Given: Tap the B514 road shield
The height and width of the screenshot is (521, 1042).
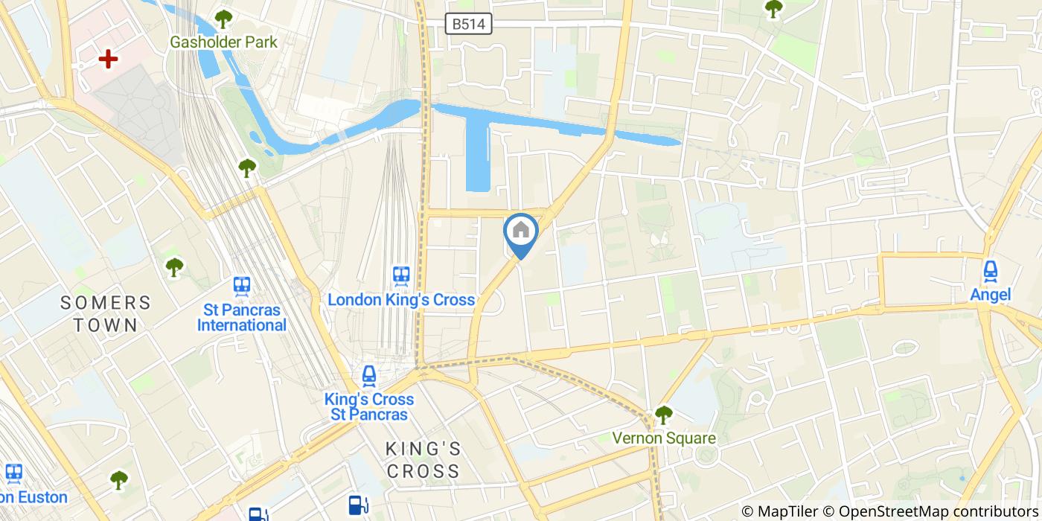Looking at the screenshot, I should (x=469, y=24).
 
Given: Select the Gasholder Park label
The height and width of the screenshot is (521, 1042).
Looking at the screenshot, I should (x=223, y=42).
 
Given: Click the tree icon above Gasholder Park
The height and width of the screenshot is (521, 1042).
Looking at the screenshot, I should (x=223, y=19).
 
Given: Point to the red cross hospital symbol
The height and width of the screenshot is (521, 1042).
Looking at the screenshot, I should (x=109, y=59).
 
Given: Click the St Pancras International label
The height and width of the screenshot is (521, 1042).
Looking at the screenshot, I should (x=241, y=318).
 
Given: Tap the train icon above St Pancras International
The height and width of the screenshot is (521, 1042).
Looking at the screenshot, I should (x=241, y=286).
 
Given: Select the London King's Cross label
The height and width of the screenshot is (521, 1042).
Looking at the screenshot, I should (x=401, y=300).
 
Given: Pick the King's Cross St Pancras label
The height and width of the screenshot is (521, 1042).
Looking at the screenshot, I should (x=369, y=407).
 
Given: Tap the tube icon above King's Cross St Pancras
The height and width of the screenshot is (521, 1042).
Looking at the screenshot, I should (x=368, y=376).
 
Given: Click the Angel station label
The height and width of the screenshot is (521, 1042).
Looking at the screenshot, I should (x=990, y=295).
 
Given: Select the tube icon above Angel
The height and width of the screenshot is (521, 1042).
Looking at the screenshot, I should (x=990, y=271).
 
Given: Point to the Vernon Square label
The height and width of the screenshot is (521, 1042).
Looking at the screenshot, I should (x=664, y=438).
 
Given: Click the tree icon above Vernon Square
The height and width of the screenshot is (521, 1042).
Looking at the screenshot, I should (x=663, y=415).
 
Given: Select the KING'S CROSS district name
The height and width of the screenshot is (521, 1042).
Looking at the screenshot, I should (x=423, y=460).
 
